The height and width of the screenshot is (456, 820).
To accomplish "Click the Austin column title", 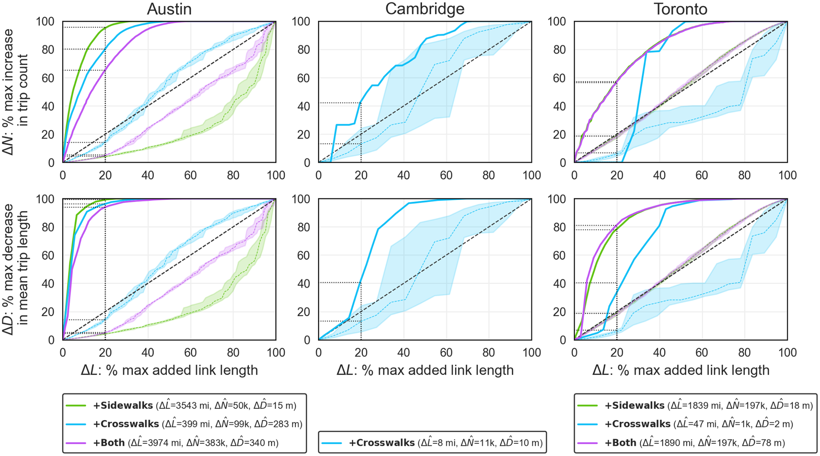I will pos(169,9).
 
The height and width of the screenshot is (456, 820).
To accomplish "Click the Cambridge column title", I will pos(424,9).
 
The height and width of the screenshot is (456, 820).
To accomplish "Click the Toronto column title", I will pos(680,9).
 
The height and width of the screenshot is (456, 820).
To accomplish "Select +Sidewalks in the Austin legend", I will pos(123,405).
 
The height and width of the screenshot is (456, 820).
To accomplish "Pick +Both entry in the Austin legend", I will pos(109,443).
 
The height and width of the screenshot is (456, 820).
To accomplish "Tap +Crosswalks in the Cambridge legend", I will pos(381,443).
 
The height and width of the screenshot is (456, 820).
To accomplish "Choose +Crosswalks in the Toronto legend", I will pos(637,424).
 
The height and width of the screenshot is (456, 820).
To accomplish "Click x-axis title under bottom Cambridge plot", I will pos(425,370).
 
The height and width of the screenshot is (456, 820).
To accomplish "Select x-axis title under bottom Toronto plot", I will pos(681,370).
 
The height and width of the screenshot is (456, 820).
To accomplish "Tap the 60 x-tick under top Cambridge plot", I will pos(446,175).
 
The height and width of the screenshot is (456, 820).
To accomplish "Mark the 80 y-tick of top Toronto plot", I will pos(559,50).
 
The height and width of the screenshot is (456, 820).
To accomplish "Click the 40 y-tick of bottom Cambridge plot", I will pos(303,283).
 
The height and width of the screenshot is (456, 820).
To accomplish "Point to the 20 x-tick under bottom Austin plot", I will pos(105,352).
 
